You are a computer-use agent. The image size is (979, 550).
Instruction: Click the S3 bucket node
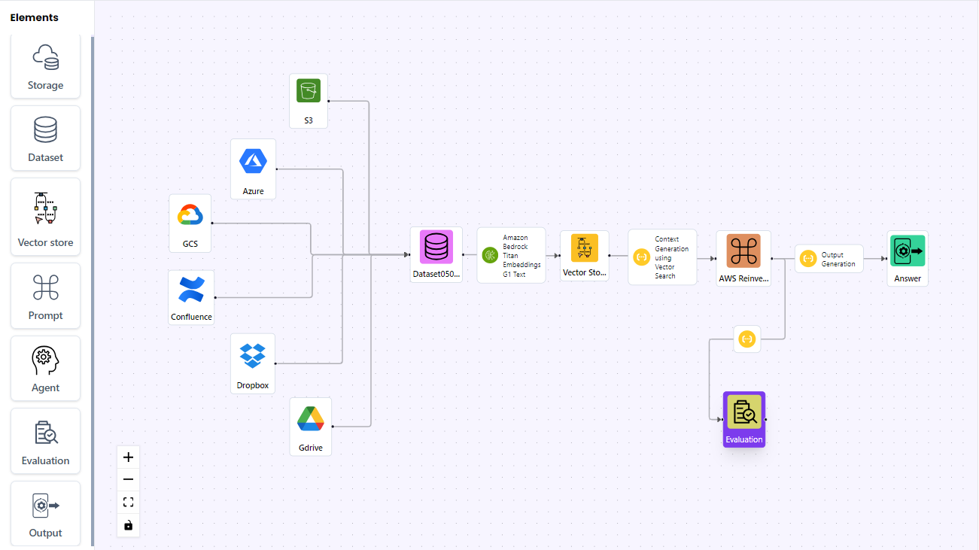coord(308,101)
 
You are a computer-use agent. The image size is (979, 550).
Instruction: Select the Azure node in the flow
coord(253,169)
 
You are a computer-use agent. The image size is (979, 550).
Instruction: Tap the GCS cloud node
coord(190,223)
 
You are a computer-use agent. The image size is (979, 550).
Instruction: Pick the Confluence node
coord(191,297)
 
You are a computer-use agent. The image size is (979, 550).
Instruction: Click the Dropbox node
coord(253,363)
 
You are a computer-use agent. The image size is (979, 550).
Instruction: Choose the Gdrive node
coord(310,427)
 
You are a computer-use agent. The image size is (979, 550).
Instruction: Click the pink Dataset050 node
coord(436,255)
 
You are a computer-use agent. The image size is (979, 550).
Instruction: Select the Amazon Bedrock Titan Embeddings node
coord(511,256)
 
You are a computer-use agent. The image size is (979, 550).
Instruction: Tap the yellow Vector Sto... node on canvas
coord(585,256)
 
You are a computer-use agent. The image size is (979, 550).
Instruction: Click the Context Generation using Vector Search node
coord(662,257)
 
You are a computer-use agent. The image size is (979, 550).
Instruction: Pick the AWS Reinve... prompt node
coord(743,259)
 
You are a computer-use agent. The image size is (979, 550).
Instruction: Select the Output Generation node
coord(829,259)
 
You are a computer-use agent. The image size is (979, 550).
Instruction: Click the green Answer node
coord(908,259)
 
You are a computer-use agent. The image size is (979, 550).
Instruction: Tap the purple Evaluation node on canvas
coord(744,419)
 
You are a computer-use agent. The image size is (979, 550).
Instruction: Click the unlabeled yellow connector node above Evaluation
coord(747,339)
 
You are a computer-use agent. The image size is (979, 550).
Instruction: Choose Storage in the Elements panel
coord(45,66)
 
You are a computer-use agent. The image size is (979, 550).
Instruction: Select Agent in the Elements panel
coord(45,368)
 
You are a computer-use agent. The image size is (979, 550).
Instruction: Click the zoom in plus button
coord(128,457)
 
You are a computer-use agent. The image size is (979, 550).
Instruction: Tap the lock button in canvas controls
coord(128,525)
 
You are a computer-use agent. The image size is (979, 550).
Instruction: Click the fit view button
coord(128,503)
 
